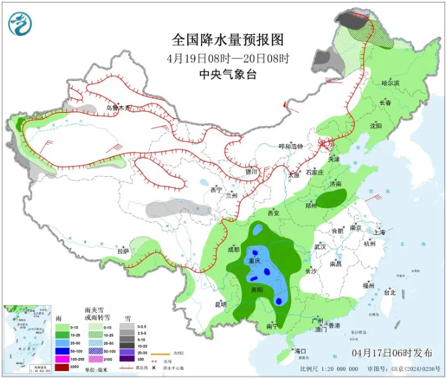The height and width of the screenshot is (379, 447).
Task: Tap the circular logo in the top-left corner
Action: coord(20,23)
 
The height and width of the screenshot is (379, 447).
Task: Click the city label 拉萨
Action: coord(124,251)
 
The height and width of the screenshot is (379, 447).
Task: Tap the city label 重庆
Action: coord(253,260)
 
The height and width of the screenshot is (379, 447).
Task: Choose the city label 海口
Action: coord(300,351)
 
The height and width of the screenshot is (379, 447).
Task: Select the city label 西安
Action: coord(273,213)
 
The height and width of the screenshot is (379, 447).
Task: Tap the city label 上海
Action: coord(379,232)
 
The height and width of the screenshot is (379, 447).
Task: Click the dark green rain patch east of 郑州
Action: coord(331,199)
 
